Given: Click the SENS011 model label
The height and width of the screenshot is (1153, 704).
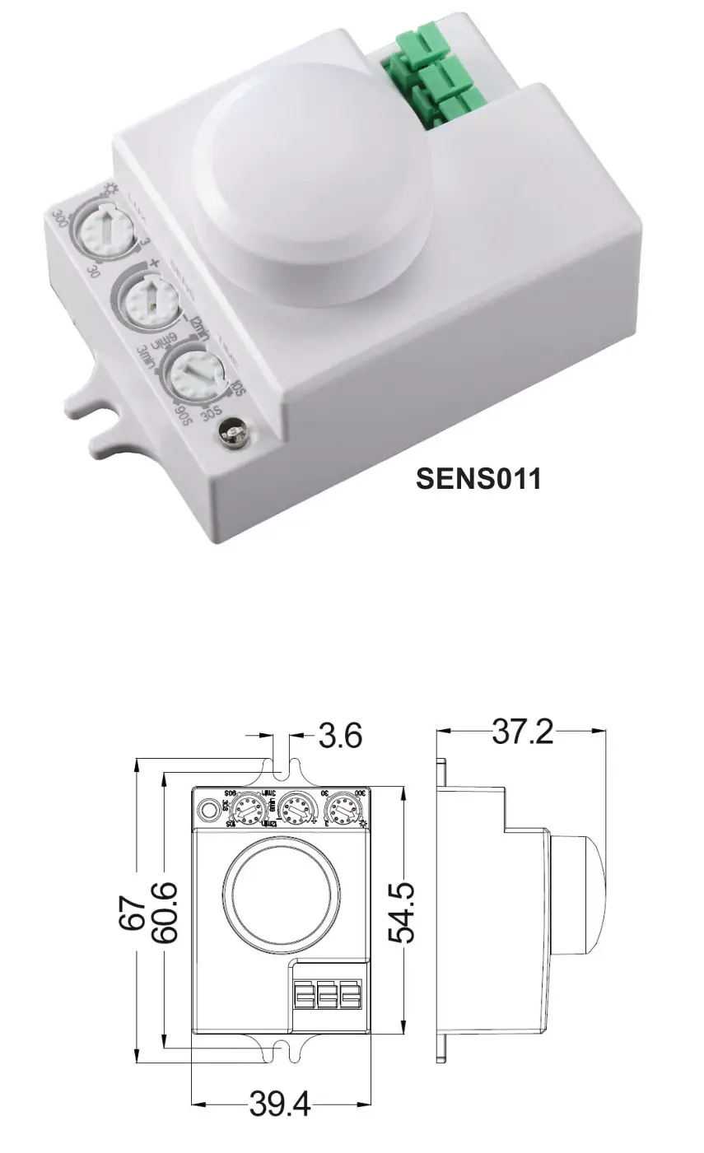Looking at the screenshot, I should click(x=478, y=478).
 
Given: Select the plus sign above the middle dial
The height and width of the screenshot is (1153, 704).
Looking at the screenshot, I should click(x=154, y=263).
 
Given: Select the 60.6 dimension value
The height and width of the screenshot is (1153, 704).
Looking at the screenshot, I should click(x=165, y=913).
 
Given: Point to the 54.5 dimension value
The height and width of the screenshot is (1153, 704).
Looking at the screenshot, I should click(x=403, y=912).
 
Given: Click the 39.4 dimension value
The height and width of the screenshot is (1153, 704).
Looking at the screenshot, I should click(x=280, y=1104).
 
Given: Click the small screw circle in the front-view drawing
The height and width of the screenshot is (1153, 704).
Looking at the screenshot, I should click(x=210, y=811).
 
